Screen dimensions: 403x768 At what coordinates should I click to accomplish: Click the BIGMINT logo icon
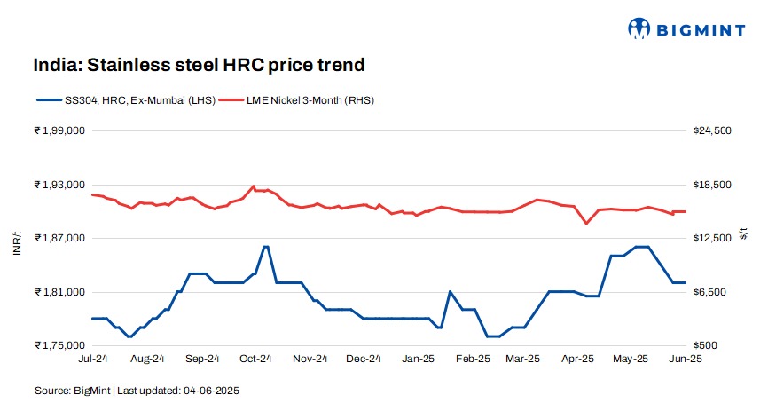click(638, 28)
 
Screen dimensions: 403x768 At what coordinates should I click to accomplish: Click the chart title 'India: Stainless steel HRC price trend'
click(200, 65)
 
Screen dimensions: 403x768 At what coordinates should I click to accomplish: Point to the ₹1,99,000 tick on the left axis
click(59, 130)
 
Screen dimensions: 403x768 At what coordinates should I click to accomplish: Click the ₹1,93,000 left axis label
click(59, 185)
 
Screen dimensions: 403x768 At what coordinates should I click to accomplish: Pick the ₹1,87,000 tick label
click(59, 238)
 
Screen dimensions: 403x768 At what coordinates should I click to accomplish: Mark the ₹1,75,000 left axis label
click(59, 345)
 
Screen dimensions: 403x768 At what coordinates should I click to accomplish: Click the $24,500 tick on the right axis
click(711, 130)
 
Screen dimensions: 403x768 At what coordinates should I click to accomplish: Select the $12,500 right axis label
click(711, 238)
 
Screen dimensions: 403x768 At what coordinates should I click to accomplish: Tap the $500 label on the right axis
click(705, 345)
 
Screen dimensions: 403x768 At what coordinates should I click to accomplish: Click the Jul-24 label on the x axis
click(92, 360)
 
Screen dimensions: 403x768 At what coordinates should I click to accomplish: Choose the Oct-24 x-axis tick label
click(255, 360)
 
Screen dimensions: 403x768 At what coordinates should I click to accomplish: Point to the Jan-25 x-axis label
click(418, 360)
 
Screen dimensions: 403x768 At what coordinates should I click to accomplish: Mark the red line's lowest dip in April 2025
click(586, 223)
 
